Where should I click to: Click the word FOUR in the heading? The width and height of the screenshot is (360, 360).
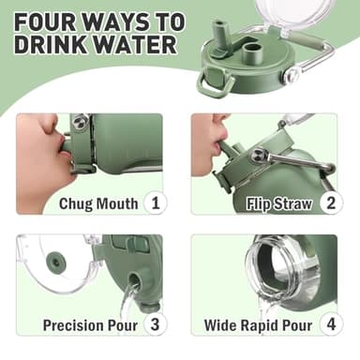44,22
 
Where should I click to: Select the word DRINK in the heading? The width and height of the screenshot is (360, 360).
51,44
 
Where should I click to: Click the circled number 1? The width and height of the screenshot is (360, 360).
156,203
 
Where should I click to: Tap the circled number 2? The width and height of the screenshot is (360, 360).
331,203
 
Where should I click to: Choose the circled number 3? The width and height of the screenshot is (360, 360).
156,324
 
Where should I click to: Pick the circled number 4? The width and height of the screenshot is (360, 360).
331,324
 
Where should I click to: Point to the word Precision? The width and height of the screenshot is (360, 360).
73,325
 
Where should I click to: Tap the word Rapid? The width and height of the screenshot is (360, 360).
254,326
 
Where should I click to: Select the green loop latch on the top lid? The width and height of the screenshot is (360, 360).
216,82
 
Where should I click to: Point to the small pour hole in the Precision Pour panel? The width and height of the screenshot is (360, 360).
135,280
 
